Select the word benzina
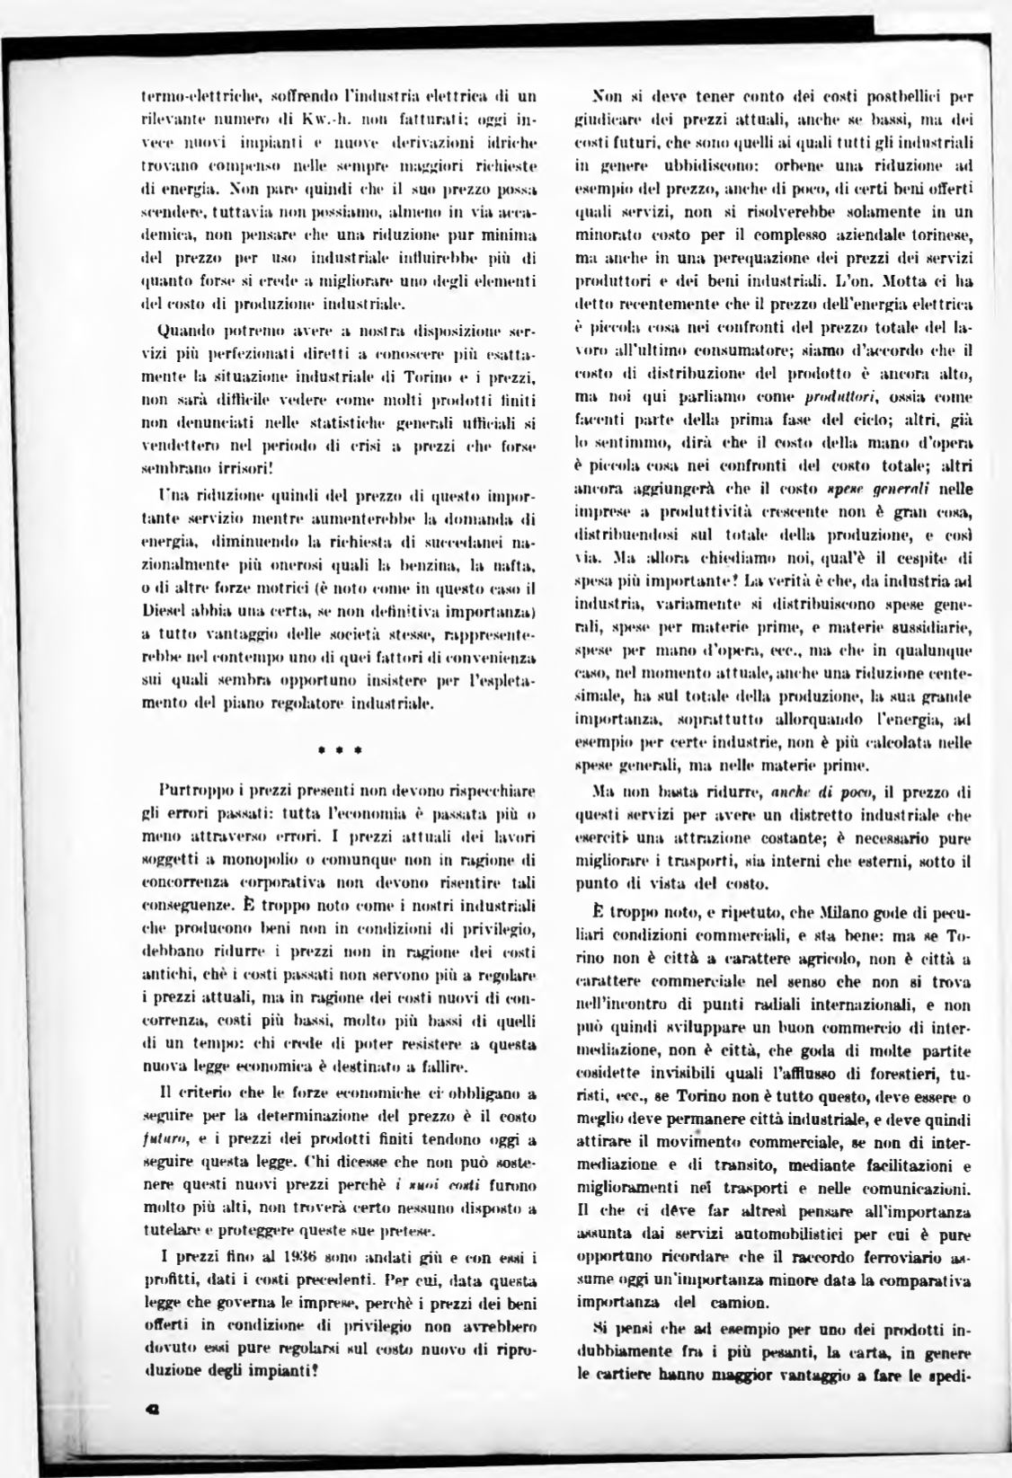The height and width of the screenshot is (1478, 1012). point(433,566)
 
